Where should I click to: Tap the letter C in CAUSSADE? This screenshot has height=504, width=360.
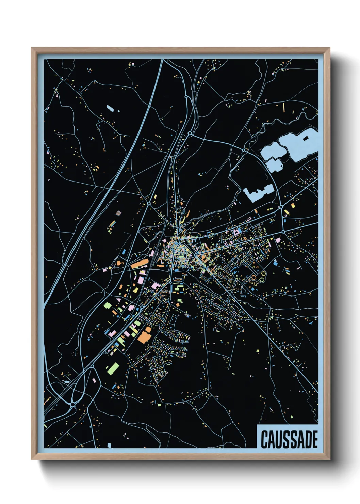[x=264, y=440]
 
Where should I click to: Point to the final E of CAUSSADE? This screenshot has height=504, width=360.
[x=314, y=440]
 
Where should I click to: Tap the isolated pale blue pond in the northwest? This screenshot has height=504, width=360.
[x=110, y=109]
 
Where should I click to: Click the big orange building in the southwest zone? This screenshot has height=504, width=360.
[x=144, y=335]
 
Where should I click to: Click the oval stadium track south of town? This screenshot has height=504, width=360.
[x=181, y=355]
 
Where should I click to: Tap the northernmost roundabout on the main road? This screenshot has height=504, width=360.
[x=186, y=97]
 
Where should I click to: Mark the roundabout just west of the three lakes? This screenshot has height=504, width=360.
[x=244, y=149]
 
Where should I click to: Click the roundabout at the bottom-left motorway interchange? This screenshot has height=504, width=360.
[x=72, y=404]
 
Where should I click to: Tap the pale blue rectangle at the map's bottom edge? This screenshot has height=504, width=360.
[x=109, y=445]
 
